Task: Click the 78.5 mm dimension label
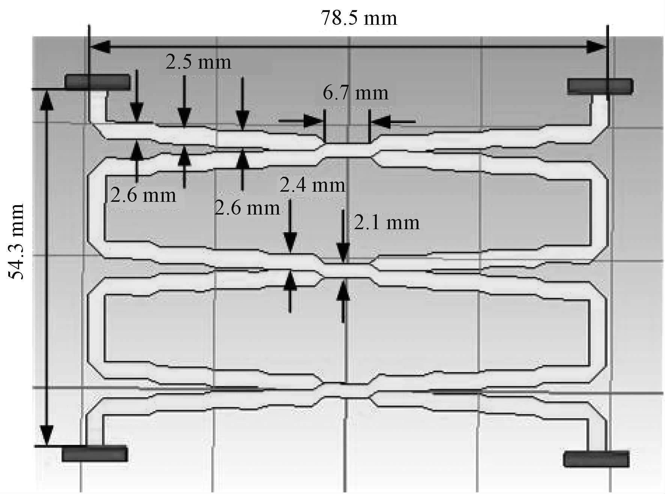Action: click(358, 18)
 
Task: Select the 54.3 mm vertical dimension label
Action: click(16, 242)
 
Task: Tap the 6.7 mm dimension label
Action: click(355, 93)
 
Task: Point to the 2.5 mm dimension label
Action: click(198, 62)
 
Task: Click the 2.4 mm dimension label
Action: click(312, 185)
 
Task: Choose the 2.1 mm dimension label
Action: click(387, 223)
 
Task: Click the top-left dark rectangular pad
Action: click(97, 82)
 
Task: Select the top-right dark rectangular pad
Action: click(600, 86)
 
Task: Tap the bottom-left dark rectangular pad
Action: click(94, 453)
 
